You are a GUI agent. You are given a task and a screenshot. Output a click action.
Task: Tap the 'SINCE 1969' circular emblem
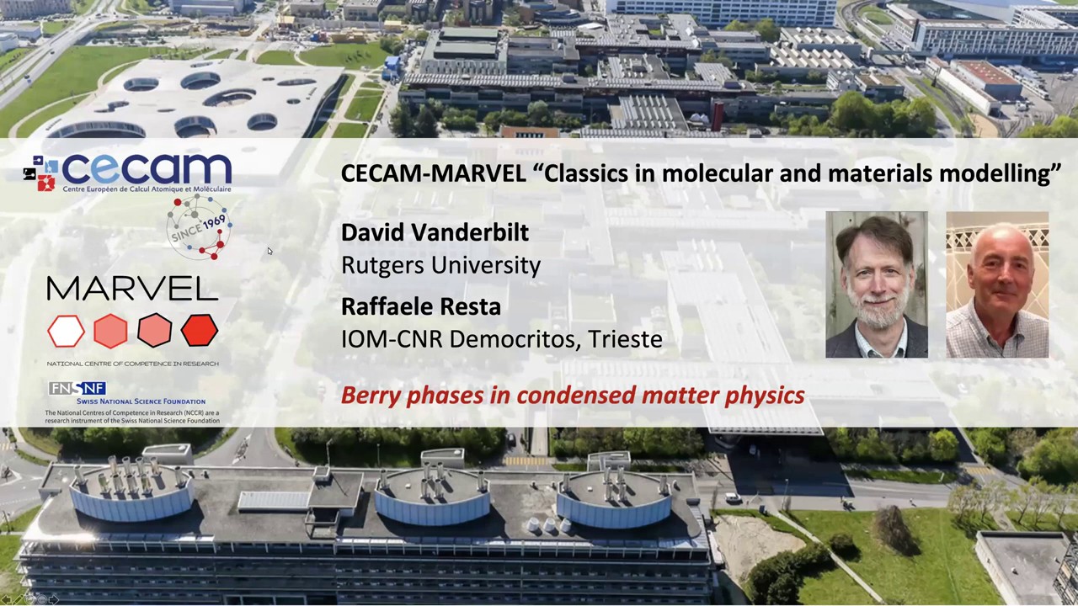point(199,227)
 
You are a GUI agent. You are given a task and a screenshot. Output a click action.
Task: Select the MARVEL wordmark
point(132,290)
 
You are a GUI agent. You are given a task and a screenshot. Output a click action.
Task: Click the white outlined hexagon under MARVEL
point(67,331)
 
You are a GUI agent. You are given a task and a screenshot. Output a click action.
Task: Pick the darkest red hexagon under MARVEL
point(199,331)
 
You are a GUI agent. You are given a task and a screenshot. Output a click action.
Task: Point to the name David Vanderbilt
point(435,232)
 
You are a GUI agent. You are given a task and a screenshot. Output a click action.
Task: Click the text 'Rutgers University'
point(440,265)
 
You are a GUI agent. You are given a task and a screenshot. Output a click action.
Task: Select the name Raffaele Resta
point(420,306)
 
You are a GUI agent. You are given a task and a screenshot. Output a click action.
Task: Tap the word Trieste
point(625,339)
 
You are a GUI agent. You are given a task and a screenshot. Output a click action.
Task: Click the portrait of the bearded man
point(876,284)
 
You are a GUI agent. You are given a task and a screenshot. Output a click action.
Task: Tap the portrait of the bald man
point(997,284)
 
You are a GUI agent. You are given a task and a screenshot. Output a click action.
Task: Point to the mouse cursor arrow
point(269,251)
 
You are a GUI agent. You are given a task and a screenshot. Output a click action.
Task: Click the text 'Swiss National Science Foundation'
point(140,401)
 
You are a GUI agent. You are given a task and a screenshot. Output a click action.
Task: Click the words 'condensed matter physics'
point(661,396)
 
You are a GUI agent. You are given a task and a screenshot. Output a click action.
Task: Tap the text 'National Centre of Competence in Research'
point(132,364)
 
